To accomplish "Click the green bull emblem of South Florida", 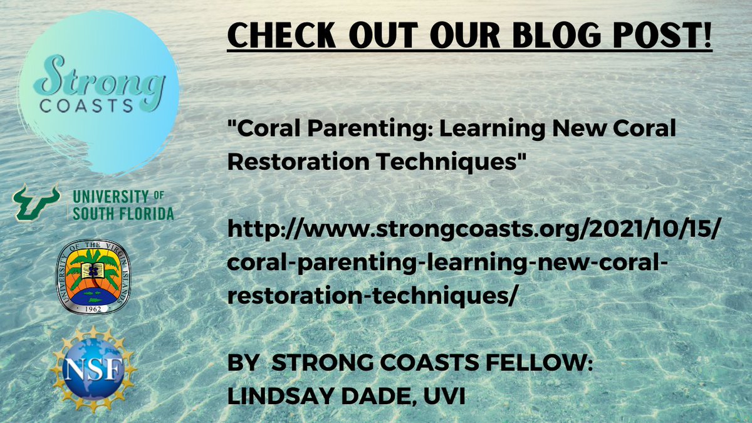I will point(36,202).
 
